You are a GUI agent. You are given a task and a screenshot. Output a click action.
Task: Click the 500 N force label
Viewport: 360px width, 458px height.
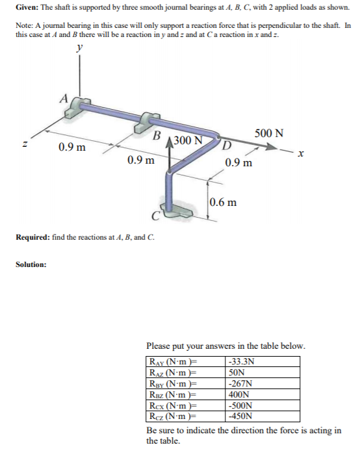click(x=268, y=133)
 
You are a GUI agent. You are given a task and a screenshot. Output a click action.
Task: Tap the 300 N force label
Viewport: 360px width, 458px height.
click(x=190, y=141)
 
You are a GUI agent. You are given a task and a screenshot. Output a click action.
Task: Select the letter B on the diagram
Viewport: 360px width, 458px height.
click(x=156, y=136)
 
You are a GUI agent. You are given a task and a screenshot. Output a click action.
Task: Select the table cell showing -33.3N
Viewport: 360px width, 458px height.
click(x=240, y=363)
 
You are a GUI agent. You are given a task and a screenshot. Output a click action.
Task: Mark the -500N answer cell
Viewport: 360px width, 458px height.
click(x=239, y=404)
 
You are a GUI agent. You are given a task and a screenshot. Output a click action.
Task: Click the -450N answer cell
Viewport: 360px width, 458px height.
click(x=239, y=414)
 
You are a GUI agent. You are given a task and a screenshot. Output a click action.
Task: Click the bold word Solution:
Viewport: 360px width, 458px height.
click(x=31, y=264)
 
